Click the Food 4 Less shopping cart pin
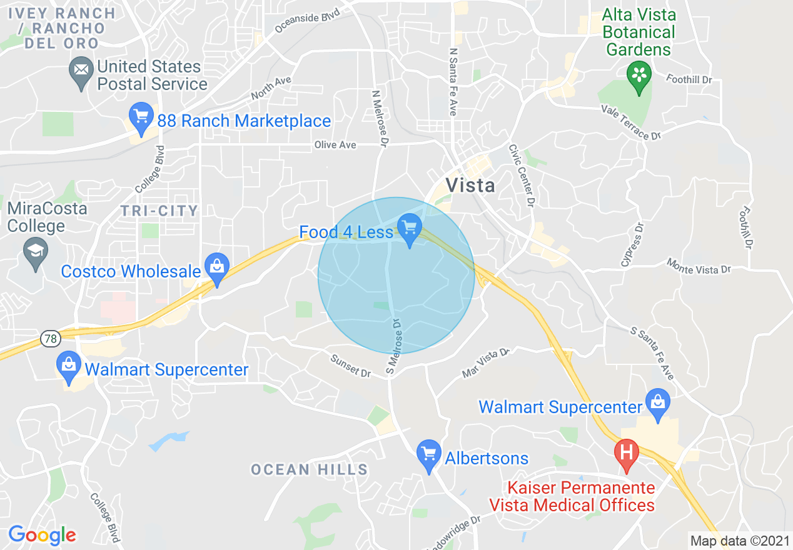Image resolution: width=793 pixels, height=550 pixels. (x=410, y=228)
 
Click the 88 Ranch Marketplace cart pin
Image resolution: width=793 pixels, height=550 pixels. (x=141, y=117)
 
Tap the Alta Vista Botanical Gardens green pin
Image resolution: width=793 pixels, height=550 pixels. (x=639, y=77)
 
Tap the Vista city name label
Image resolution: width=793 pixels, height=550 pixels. (x=470, y=185)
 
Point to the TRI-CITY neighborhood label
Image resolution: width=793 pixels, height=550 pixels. (x=159, y=211)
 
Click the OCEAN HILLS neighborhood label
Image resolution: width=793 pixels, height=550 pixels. (x=309, y=469)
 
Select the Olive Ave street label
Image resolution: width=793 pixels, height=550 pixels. (x=335, y=145)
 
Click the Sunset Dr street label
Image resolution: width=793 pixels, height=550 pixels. (x=351, y=366)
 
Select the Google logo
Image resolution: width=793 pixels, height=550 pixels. (x=42, y=536)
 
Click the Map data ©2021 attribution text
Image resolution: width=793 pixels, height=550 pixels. (x=739, y=540)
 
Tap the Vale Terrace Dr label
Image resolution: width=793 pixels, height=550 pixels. (x=631, y=122)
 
